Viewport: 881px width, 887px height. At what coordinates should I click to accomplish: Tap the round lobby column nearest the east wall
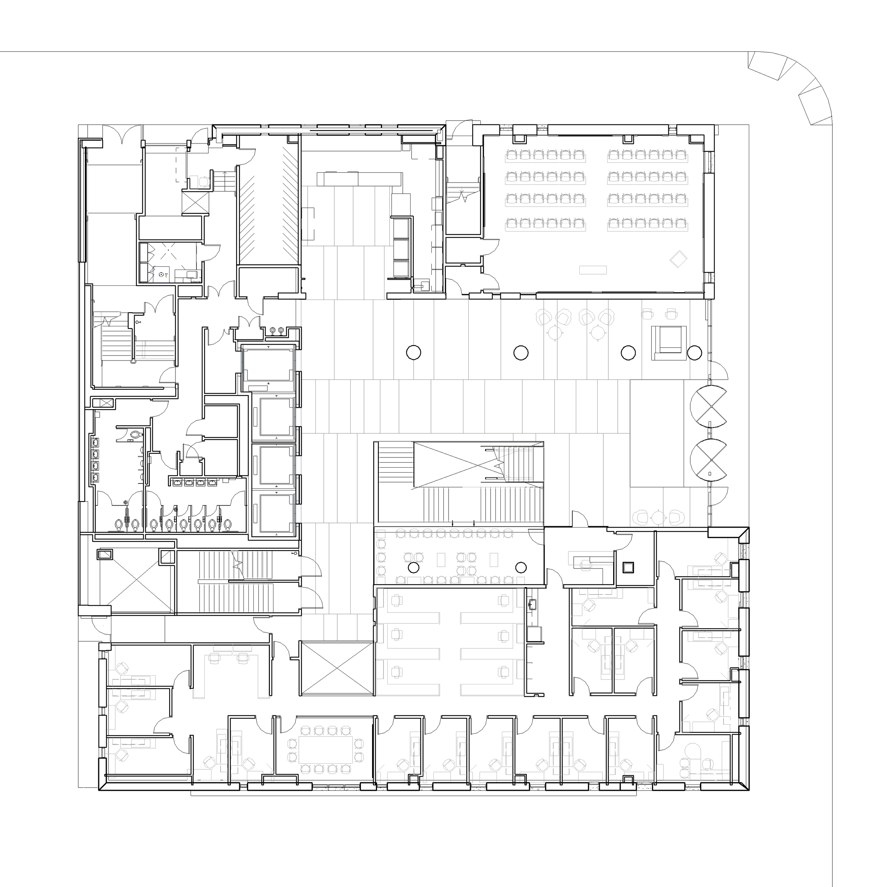[x=694, y=353]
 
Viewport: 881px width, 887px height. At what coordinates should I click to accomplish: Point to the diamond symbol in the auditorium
[x=678, y=259]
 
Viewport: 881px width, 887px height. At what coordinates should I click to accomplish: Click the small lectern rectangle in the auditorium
[x=593, y=270]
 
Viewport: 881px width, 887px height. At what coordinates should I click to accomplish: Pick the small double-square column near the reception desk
[x=628, y=567]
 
